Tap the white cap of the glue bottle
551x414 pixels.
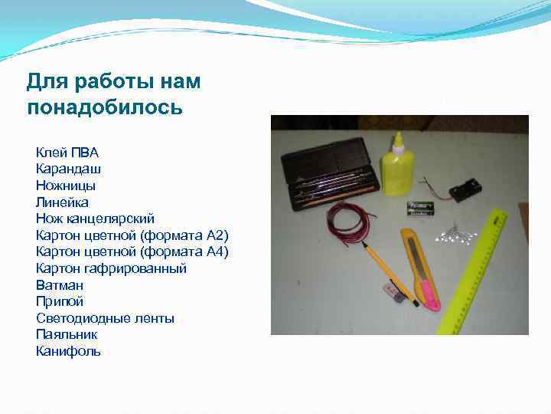click(x=398, y=140)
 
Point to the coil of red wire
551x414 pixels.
click(x=348, y=225)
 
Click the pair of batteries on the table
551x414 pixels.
click(x=420, y=206)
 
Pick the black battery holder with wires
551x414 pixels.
click(x=467, y=188)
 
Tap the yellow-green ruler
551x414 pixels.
click(x=474, y=268)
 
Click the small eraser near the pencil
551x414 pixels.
click(x=392, y=292)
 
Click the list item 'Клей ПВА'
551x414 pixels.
click(x=67, y=152)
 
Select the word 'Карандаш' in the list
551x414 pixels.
click(x=68, y=168)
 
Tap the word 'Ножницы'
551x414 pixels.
click(x=65, y=185)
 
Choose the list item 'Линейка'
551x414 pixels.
click(x=62, y=202)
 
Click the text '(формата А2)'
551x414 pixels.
click(x=191, y=235)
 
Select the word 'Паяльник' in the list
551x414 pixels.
click(x=67, y=334)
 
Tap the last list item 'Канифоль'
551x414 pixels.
click(x=68, y=351)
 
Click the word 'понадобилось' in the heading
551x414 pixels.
click(x=105, y=107)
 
